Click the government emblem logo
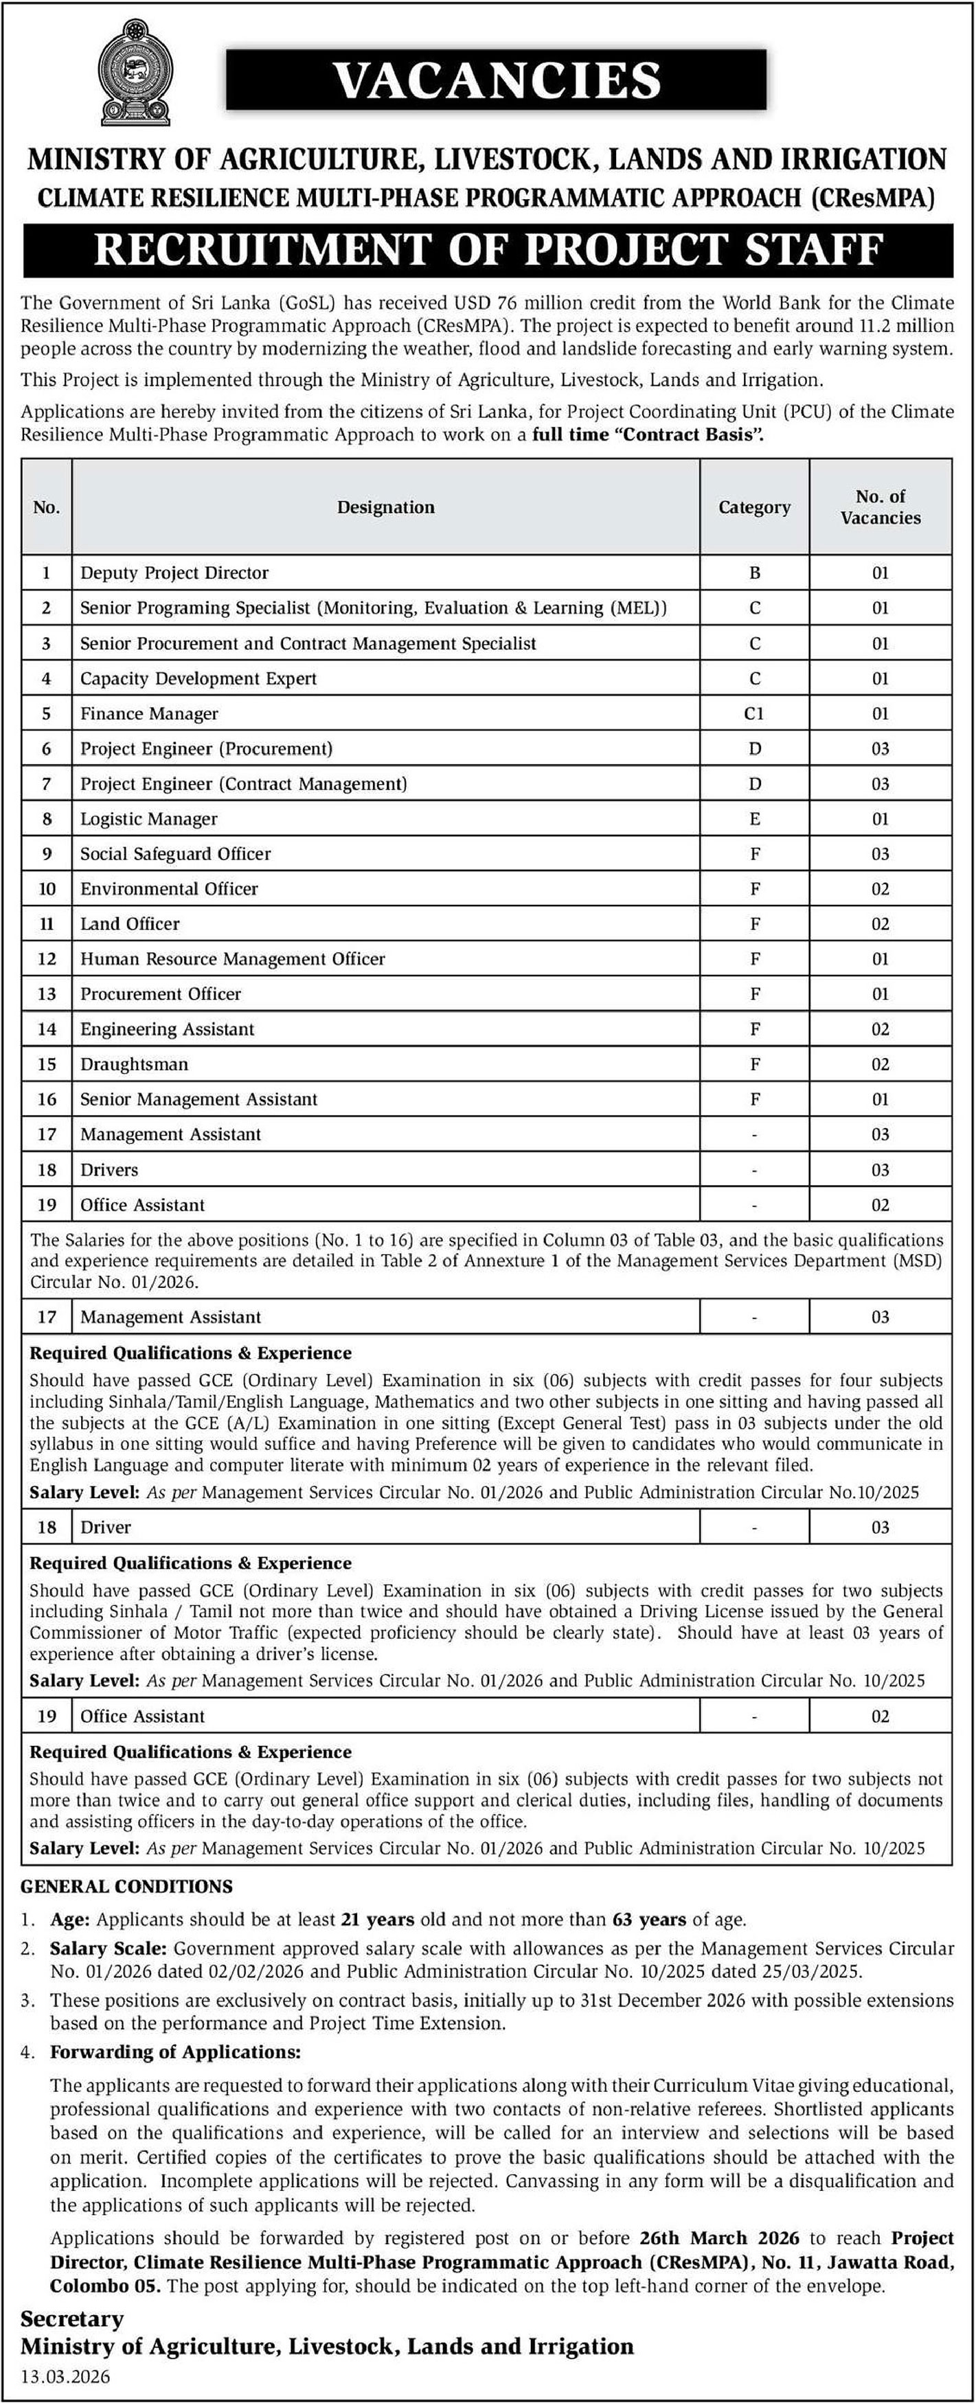136,76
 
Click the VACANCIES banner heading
497,80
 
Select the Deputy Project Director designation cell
174,573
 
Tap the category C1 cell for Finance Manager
754,713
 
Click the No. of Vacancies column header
880,507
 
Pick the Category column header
754,507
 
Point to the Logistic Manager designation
148,819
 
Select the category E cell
754,819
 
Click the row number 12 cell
47,959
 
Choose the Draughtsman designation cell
135,1064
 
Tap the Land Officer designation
130,923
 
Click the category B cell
754,573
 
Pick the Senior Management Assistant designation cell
198,1100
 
